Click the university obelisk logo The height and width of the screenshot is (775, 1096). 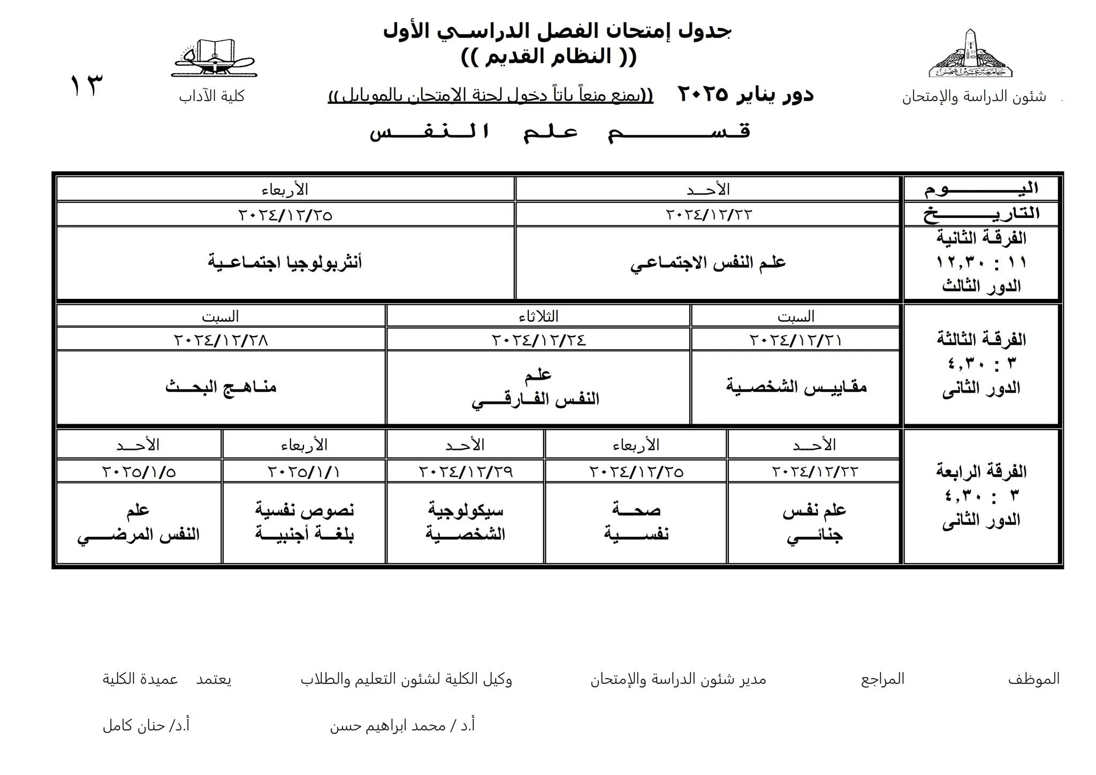970,54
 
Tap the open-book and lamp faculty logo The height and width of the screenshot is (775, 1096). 214,58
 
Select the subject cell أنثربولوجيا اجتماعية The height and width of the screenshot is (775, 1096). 285,262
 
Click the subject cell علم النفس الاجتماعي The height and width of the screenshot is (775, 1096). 707,262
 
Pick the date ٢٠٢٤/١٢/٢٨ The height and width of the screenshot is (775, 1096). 220,340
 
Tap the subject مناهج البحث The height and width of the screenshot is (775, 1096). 220,387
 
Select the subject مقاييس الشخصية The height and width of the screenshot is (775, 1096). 796,387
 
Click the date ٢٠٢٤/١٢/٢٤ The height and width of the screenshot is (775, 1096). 538,340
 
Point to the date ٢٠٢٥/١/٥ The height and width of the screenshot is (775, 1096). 139,472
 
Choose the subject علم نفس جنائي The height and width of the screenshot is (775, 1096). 814,522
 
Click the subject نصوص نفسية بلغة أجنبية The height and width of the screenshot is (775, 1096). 304,522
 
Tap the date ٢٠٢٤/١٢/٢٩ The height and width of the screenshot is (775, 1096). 465,472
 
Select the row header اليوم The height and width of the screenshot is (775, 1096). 981,189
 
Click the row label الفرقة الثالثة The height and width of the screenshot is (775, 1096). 981,339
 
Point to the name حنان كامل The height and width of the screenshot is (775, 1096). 146,726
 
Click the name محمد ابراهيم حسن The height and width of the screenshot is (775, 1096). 402,726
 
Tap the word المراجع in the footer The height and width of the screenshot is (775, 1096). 882,679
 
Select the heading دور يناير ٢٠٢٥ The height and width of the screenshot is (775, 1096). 745,95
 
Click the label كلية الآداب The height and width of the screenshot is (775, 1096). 212,96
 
